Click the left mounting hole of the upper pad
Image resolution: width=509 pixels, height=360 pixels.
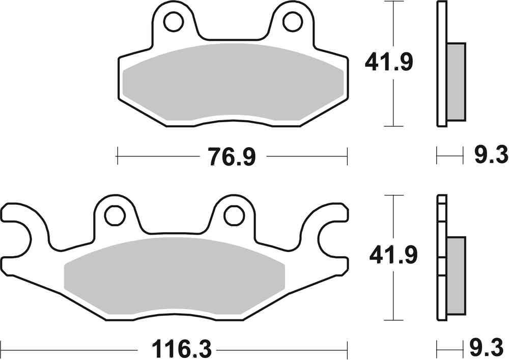click(x=173, y=21)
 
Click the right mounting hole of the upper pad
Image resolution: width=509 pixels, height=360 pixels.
click(x=292, y=21)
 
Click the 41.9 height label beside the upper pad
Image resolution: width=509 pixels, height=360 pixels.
click(x=389, y=63)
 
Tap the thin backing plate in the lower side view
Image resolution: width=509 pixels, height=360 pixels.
click(x=441, y=260)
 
